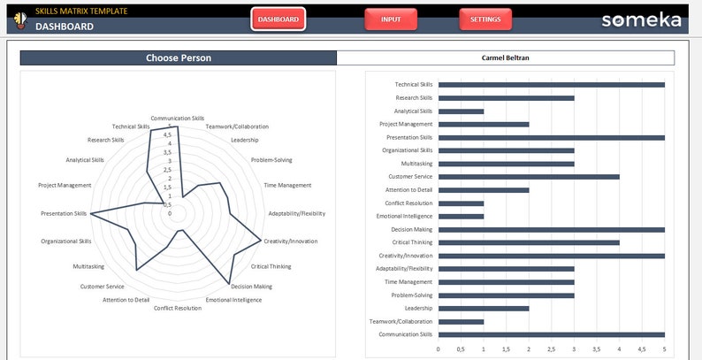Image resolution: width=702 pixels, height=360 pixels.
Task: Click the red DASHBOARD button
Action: tap(278, 19)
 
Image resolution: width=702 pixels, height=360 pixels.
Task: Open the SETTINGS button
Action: tap(485, 19)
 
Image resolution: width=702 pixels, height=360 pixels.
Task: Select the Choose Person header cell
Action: tap(179, 58)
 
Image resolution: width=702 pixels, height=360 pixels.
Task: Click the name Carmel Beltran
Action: tap(505, 58)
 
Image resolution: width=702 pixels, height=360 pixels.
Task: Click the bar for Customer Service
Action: tap(529, 177)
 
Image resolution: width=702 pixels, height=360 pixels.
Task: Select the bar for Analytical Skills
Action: tap(461, 111)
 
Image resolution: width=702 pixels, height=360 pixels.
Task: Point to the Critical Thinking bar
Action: tap(529, 242)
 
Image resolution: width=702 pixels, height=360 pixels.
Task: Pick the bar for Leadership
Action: tap(484, 308)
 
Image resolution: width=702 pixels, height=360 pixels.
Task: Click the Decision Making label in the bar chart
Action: tap(411, 229)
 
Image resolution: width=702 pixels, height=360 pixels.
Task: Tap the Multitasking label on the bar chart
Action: tap(416, 164)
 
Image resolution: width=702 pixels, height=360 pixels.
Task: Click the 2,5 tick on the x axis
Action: tap(551, 349)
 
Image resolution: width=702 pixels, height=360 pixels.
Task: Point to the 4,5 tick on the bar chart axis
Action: tap(641, 349)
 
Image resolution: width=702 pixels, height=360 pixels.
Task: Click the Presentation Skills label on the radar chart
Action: tap(64, 213)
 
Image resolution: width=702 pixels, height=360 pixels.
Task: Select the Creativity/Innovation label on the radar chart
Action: tap(290, 241)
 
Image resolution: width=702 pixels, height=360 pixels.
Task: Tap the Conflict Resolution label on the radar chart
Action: tap(177, 308)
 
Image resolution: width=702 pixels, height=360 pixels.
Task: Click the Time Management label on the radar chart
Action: tap(287, 185)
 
